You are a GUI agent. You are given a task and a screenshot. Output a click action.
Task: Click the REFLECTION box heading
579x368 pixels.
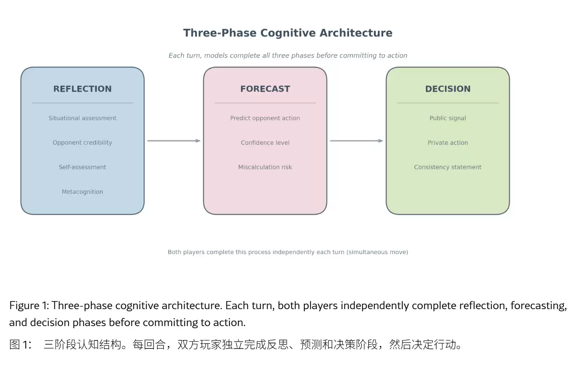pos(82,89)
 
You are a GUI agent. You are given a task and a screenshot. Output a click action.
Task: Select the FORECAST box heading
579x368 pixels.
pos(265,89)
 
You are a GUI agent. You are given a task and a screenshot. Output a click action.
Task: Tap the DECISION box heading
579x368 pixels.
pos(448,89)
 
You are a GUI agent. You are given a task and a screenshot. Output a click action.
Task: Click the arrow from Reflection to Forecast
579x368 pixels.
pos(174,141)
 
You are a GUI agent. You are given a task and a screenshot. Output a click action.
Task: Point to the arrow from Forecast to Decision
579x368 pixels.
pos(356,141)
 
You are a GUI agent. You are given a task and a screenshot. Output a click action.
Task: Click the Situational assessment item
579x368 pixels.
pos(82,118)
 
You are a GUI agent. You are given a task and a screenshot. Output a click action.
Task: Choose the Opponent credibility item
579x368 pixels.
pos(82,143)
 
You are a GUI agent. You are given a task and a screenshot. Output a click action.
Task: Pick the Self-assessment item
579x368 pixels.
pos(82,167)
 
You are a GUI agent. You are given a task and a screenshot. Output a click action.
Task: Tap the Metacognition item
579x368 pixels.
pos(82,192)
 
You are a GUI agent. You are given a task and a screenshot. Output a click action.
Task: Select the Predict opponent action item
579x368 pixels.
pos(265,118)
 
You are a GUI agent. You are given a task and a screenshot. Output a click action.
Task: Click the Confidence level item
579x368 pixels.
pos(265,143)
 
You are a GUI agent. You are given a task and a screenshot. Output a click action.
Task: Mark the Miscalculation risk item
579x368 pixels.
pos(265,167)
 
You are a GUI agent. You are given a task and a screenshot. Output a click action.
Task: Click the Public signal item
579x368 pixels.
pos(448,118)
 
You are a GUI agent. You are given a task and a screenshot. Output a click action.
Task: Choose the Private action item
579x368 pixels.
pos(448,143)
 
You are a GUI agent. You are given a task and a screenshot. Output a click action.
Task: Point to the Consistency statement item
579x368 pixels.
pos(448,167)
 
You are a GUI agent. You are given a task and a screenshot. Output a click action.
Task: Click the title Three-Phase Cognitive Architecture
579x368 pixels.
pos(288,33)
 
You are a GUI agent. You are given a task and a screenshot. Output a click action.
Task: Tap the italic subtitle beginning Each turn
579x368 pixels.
pos(288,55)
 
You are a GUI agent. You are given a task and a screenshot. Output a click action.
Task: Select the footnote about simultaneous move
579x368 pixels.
pos(288,252)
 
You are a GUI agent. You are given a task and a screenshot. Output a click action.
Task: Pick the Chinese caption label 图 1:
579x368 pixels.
pos(20,345)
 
